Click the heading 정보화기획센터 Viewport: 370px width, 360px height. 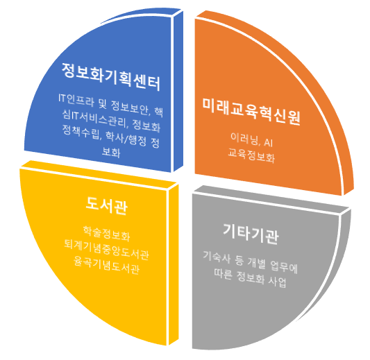click(111, 76)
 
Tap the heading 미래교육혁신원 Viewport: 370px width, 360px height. click(251, 111)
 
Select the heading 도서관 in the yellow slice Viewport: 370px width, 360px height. click(106, 206)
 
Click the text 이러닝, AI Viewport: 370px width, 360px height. click(252, 140)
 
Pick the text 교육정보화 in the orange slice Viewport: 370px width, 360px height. click(251, 155)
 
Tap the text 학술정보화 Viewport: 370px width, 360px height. click(106, 234)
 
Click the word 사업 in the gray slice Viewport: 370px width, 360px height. click(277, 281)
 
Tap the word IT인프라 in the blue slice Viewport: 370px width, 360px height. click(76, 100)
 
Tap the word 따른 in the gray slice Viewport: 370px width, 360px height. click(224, 274)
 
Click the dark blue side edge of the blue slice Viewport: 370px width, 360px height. click(178, 91)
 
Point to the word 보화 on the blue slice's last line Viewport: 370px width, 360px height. click(111, 152)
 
